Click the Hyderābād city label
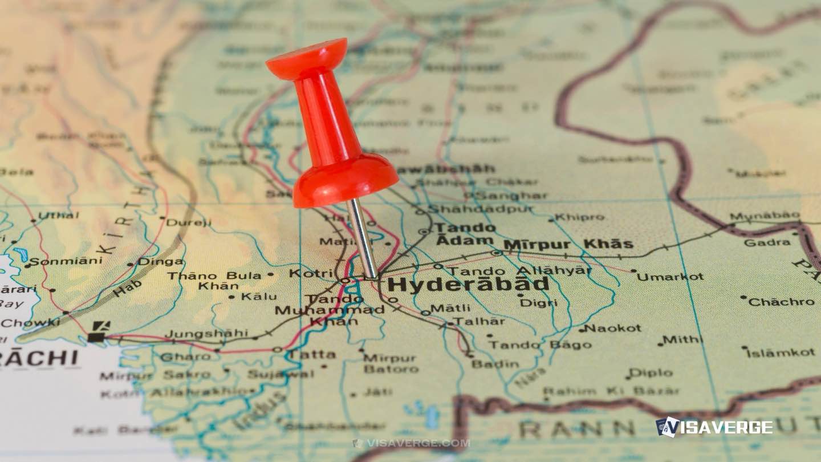point(468,285)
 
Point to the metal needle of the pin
point(363,240)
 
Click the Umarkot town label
point(670,277)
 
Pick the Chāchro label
point(781,302)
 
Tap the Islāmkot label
point(781,353)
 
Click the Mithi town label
point(682,339)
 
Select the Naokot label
point(613,328)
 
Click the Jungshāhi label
point(206,333)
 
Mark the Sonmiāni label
point(66,261)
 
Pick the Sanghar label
point(510,196)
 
